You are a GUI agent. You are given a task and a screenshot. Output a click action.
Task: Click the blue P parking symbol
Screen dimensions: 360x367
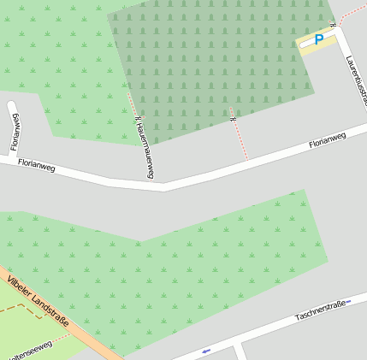click(319, 39)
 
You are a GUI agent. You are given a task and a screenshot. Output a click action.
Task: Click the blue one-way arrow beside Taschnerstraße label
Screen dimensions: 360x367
click(348, 302)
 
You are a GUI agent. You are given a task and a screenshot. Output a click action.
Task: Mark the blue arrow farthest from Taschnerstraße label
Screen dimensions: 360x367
click(205, 351)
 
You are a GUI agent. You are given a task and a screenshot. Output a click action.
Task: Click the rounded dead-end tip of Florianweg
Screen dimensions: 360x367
click(12, 107)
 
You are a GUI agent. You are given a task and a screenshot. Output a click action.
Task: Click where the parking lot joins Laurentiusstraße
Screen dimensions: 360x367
click(336, 32)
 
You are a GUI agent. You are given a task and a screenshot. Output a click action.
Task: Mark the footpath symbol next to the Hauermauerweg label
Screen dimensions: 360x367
click(138, 119)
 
